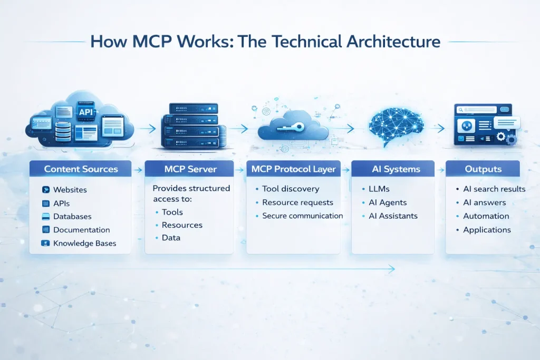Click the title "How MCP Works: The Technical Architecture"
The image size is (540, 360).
pos(265,42)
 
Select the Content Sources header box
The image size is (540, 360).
pos(81,169)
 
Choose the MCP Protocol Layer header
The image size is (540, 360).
pos(294,169)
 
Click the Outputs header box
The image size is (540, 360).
pos(483,169)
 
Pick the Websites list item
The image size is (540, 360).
pos(70,190)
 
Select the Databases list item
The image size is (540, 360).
pos(72,217)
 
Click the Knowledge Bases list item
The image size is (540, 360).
pos(84,244)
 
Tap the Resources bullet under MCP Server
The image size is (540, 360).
pos(182,225)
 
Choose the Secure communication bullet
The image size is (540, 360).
pos(302,216)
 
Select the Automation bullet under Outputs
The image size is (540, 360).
pos(486,216)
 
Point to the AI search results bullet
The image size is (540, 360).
pos(494,189)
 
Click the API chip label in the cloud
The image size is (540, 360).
pos(85,112)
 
